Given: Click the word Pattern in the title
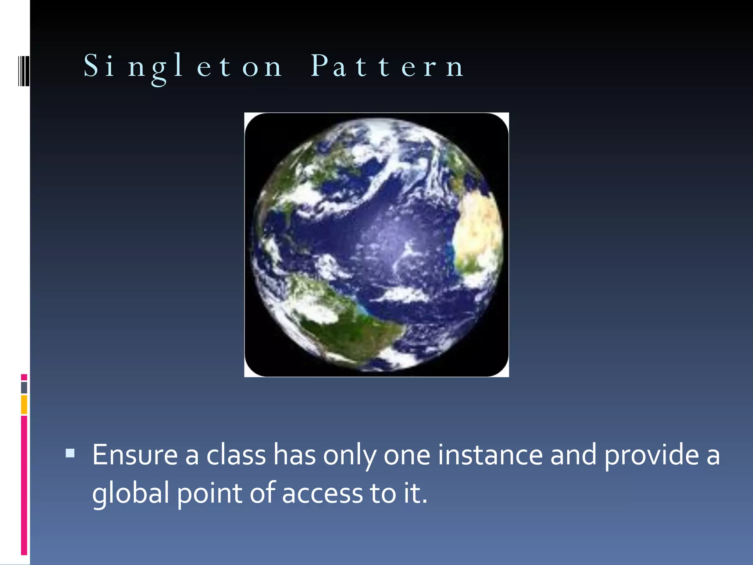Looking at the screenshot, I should (387, 67).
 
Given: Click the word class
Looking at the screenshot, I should (236, 455).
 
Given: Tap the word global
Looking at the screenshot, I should (130, 494).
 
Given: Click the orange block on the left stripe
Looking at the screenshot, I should (24, 404).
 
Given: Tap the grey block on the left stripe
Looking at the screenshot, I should (24, 387).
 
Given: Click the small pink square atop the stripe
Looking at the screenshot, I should (24, 377).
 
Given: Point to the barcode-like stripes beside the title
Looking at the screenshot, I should (24, 71).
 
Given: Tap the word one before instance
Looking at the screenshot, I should (407, 455).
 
